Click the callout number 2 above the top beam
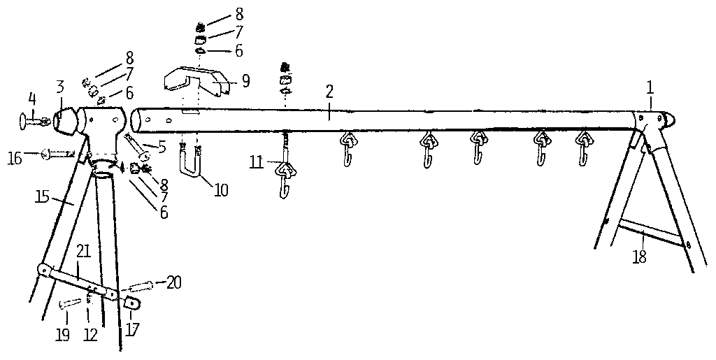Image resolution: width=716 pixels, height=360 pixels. [330, 92]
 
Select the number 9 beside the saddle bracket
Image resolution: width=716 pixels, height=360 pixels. [246, 81]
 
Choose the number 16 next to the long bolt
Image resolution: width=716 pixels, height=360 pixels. [15, 158]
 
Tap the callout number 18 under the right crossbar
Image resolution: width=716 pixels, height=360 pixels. [640, 257]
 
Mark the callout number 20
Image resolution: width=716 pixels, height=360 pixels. [173, 283]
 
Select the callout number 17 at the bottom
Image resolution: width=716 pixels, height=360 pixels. [131, 329]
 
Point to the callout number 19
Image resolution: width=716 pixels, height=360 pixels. [62, 336]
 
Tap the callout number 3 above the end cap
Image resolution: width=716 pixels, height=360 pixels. [61, 87]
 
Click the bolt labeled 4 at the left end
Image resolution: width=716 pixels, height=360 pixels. [31, 121]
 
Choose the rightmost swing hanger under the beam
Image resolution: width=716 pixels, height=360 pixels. [582, 147]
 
